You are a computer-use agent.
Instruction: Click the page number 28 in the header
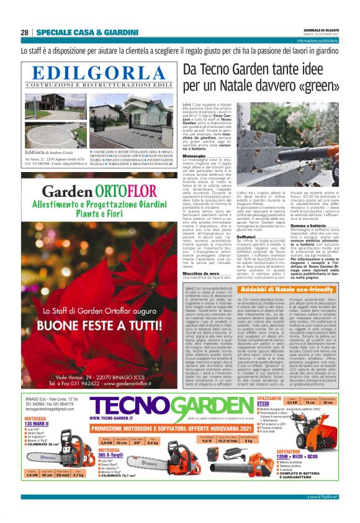pos(24,33)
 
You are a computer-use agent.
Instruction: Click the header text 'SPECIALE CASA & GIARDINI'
pos(78,33)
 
